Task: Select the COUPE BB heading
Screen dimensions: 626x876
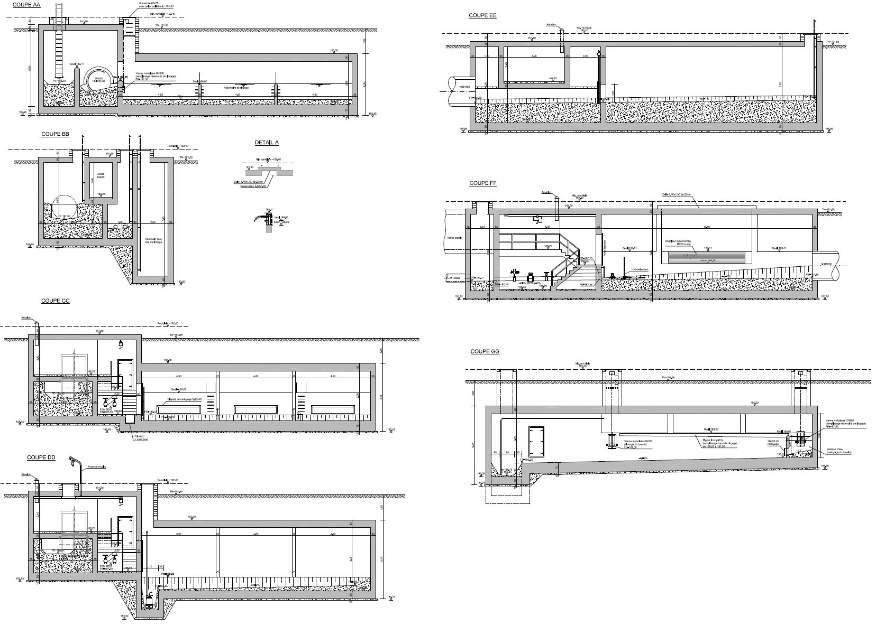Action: click(55, 134)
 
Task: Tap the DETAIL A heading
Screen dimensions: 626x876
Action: click(267, 143)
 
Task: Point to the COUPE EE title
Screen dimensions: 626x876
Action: click(482, 15)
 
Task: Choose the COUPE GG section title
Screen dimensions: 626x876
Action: click(485, 351)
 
